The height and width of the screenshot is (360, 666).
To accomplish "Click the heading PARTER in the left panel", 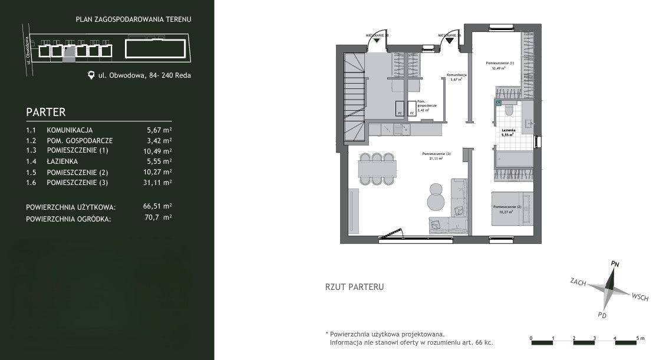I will pyautogui.click(x=45, y=112).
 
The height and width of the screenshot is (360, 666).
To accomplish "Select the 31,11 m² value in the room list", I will pyautogui.click(x=159, y=183).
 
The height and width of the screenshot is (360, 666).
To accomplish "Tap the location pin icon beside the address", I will pyautogui.click(x=91, y=75).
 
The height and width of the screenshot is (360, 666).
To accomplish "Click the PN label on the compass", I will pyautogui.click(x=615, y=263).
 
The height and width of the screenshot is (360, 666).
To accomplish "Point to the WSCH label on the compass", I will pyautogui.click(x=639, y=297).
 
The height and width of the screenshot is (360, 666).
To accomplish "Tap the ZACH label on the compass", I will pyautogui.click(x=578, y=282).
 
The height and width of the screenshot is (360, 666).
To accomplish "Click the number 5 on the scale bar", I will pyautogui.click(x=637, y=338).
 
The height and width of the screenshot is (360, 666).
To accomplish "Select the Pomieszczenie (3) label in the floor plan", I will pyautogui.click(x=436, y=154).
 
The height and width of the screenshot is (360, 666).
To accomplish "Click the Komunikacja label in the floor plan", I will pyautogui.click(x=457, y=75).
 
